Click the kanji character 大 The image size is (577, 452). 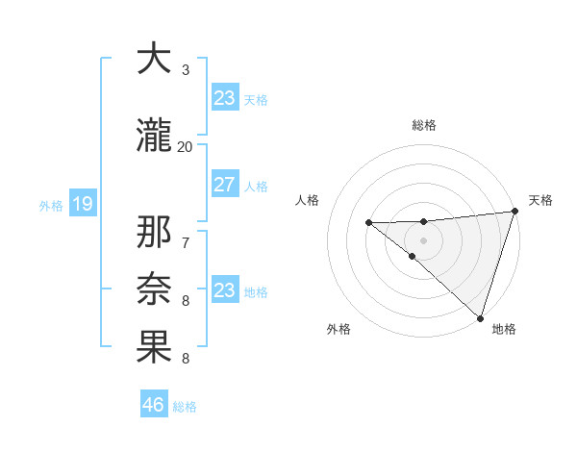pos(154,60)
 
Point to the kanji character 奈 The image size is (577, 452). pos(154,289)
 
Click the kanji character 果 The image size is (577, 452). pos(154,347)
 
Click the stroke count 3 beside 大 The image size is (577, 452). pos(186,70)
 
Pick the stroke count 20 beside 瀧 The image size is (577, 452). pos(185,146)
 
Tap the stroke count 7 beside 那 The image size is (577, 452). pos(186,241)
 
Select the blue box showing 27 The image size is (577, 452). pos(225,185)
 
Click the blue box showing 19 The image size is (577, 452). pos(82,204)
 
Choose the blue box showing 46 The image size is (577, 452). pos(154,405)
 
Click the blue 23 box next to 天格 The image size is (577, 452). pos(225,98)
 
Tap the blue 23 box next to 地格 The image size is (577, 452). pos(225,290)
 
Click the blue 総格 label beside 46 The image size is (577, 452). pos(186,407)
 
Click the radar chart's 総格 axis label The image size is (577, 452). pos(424,125)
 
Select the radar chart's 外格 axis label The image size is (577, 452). pos(339,330)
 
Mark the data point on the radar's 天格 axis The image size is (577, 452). pos(514,212)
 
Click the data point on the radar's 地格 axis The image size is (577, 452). pos(480,316)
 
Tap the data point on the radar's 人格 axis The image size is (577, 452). pos(368,223)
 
